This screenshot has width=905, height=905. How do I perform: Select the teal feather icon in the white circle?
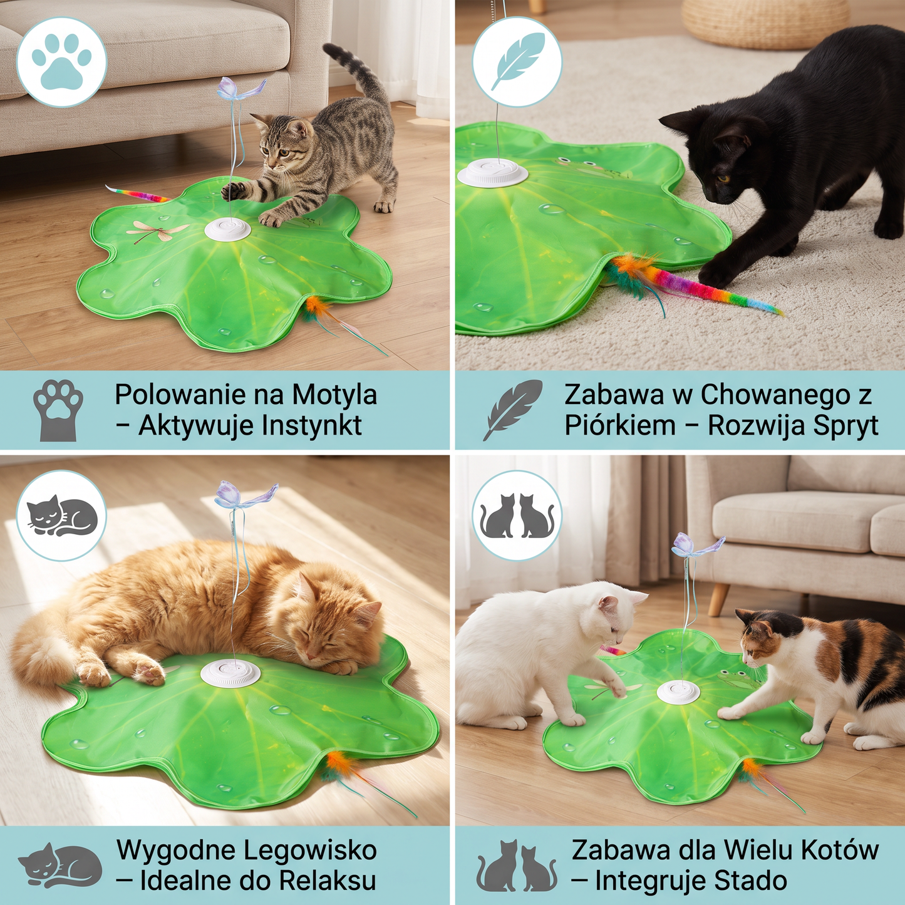(x=517, y=61)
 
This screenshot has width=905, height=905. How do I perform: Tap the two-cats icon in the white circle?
(x=517, y=515)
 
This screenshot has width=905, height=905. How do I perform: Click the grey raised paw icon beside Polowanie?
(x=58, y=410)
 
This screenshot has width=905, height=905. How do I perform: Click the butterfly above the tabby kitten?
(x=241, y=89)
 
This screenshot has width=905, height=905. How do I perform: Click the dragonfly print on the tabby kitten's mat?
(x=157, y=230)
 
